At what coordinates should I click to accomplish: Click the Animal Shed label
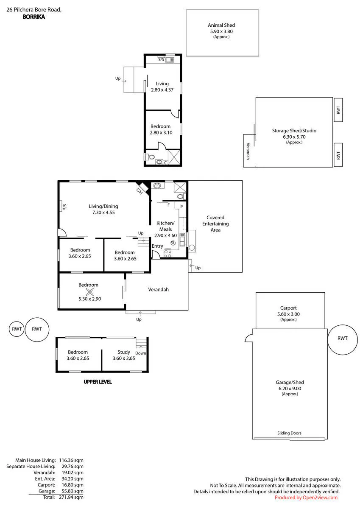tap(221, 25)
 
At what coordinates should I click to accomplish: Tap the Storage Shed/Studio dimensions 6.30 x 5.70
tap(294, 137)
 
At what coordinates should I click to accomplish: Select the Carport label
tap(288, 308)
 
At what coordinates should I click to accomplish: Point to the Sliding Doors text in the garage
tap(289, 433)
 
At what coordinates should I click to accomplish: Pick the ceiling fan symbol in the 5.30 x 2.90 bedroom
tap(90, 292)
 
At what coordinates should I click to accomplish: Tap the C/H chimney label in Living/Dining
tap(140, 191)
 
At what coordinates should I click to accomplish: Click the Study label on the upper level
tap(124, 352)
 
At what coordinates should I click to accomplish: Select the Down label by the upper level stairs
tap(141, 353)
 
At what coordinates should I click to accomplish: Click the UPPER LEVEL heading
tap(98, 382)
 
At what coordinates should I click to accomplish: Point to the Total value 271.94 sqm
tap(71, 497)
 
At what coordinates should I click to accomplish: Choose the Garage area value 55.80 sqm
tap(73, 491)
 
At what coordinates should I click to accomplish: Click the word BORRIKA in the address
tap(34, 17)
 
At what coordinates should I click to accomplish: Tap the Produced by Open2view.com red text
tap(306, 498)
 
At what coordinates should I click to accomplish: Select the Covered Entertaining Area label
tap(215, 224)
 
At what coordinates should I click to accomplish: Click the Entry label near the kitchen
tap(157, 246)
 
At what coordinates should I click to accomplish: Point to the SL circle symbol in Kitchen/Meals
tap(173, 243)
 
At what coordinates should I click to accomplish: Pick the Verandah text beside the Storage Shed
tap(248, 151)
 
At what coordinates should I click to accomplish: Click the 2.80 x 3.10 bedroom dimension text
tap(161, 132)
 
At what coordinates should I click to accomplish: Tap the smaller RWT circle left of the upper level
tap(17, 329)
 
